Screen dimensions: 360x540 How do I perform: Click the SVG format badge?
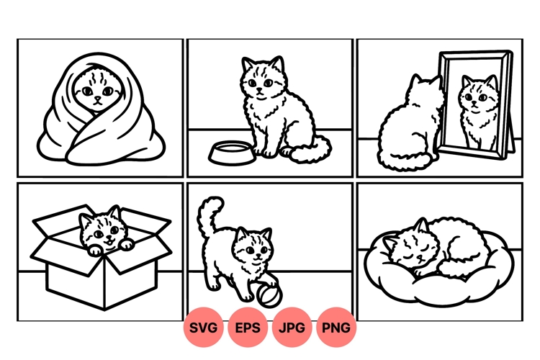point(204,328)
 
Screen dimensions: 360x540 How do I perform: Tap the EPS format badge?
point(248,328)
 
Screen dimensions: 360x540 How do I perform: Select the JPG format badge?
point(292,328)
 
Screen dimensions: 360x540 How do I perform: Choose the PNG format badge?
point(336,328)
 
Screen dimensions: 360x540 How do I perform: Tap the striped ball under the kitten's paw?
point(261,293)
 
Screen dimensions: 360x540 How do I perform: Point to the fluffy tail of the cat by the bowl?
point(312,150)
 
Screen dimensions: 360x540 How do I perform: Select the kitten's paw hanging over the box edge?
point(126,246)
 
